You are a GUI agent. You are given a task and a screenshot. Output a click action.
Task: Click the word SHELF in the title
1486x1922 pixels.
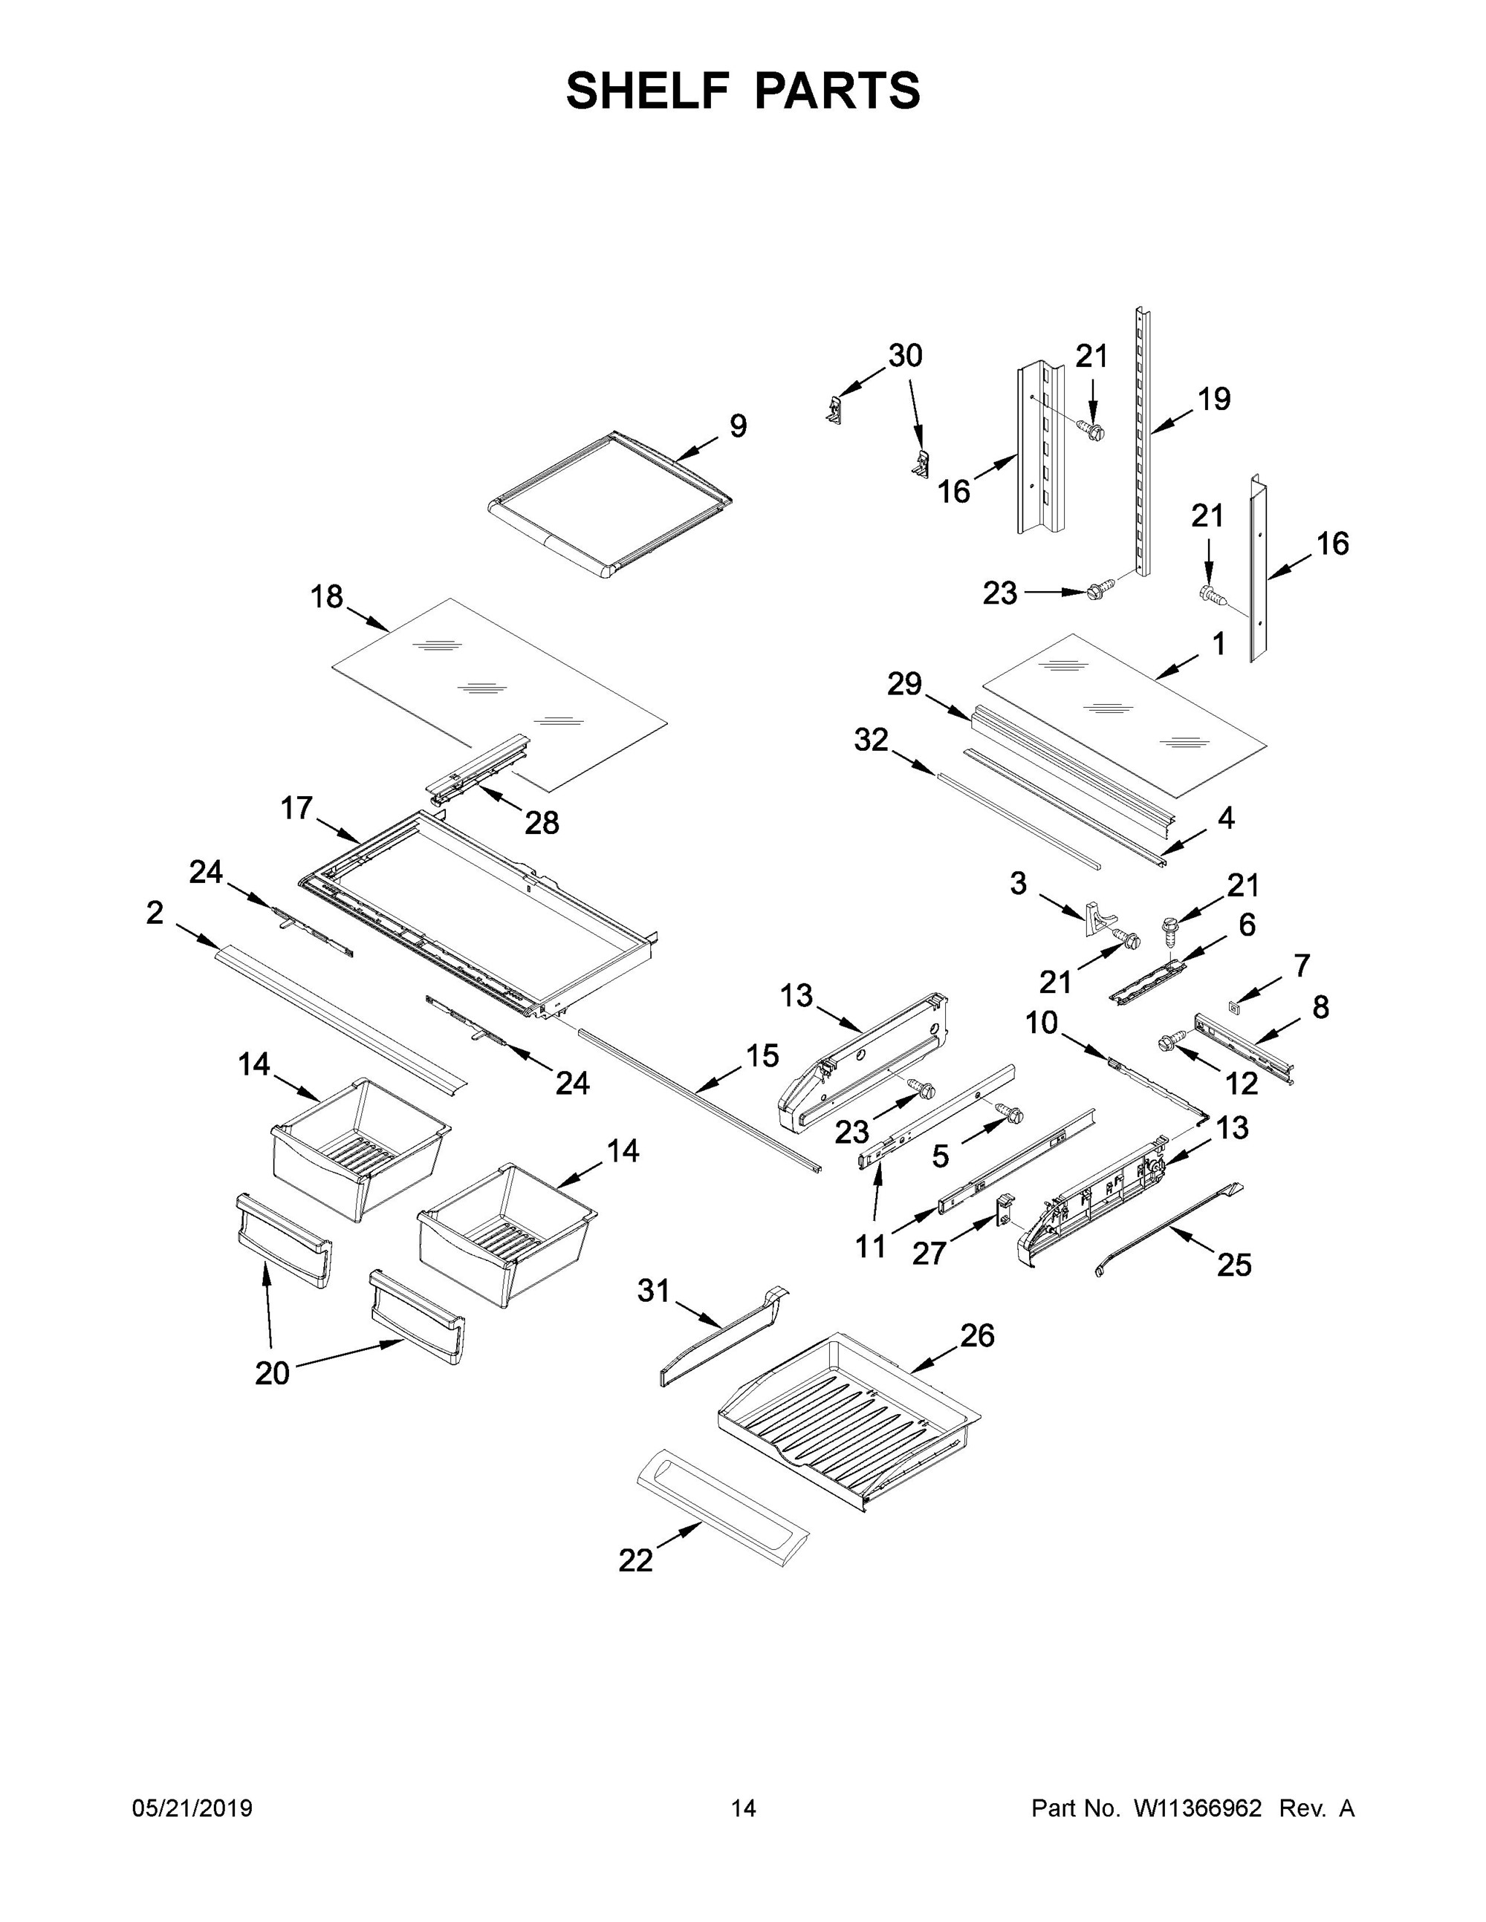pos(648,91)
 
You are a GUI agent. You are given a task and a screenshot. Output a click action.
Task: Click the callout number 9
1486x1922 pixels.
pos(738,426)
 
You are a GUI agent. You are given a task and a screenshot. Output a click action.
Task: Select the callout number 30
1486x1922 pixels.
pos(904,356)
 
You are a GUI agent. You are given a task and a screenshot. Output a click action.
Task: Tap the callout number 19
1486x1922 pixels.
pos(1214,399)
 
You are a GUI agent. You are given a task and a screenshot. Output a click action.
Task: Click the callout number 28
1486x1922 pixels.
pos(542,822)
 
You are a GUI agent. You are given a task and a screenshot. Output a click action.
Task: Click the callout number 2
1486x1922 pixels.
pos(155,913)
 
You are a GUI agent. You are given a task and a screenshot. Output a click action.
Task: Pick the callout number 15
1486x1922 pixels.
pos(762,1055)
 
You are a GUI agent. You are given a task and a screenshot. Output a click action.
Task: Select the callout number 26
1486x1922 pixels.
pos(977,1335)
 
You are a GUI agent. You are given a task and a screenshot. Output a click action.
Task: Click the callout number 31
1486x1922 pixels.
pos(654,1291)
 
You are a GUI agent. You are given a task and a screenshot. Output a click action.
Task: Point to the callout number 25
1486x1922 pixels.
pos(1233,1265)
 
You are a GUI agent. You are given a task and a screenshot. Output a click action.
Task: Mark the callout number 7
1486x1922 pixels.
pos(1302,965)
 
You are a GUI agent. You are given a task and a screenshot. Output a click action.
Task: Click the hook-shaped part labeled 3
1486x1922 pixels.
pos(1094,915)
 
